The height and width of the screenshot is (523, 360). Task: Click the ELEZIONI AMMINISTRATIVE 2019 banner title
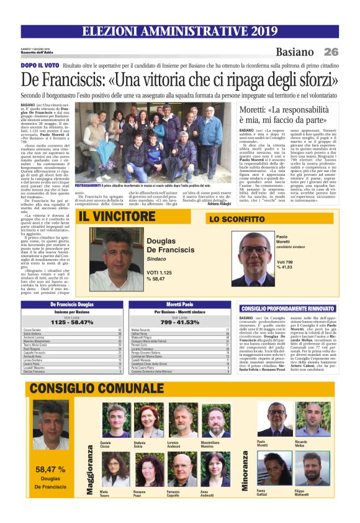pyautogui.click(x=179, y=31)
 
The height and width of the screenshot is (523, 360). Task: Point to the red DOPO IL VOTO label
pyautogui.click(x=40, y=65)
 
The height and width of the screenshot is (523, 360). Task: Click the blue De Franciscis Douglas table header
pyautogui.click(x=72, y=304)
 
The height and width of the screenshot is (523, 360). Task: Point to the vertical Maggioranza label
pyautogui.click(x=89, y=470)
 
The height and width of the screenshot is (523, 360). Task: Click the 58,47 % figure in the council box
pyautogui.click(x=51, y=469)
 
